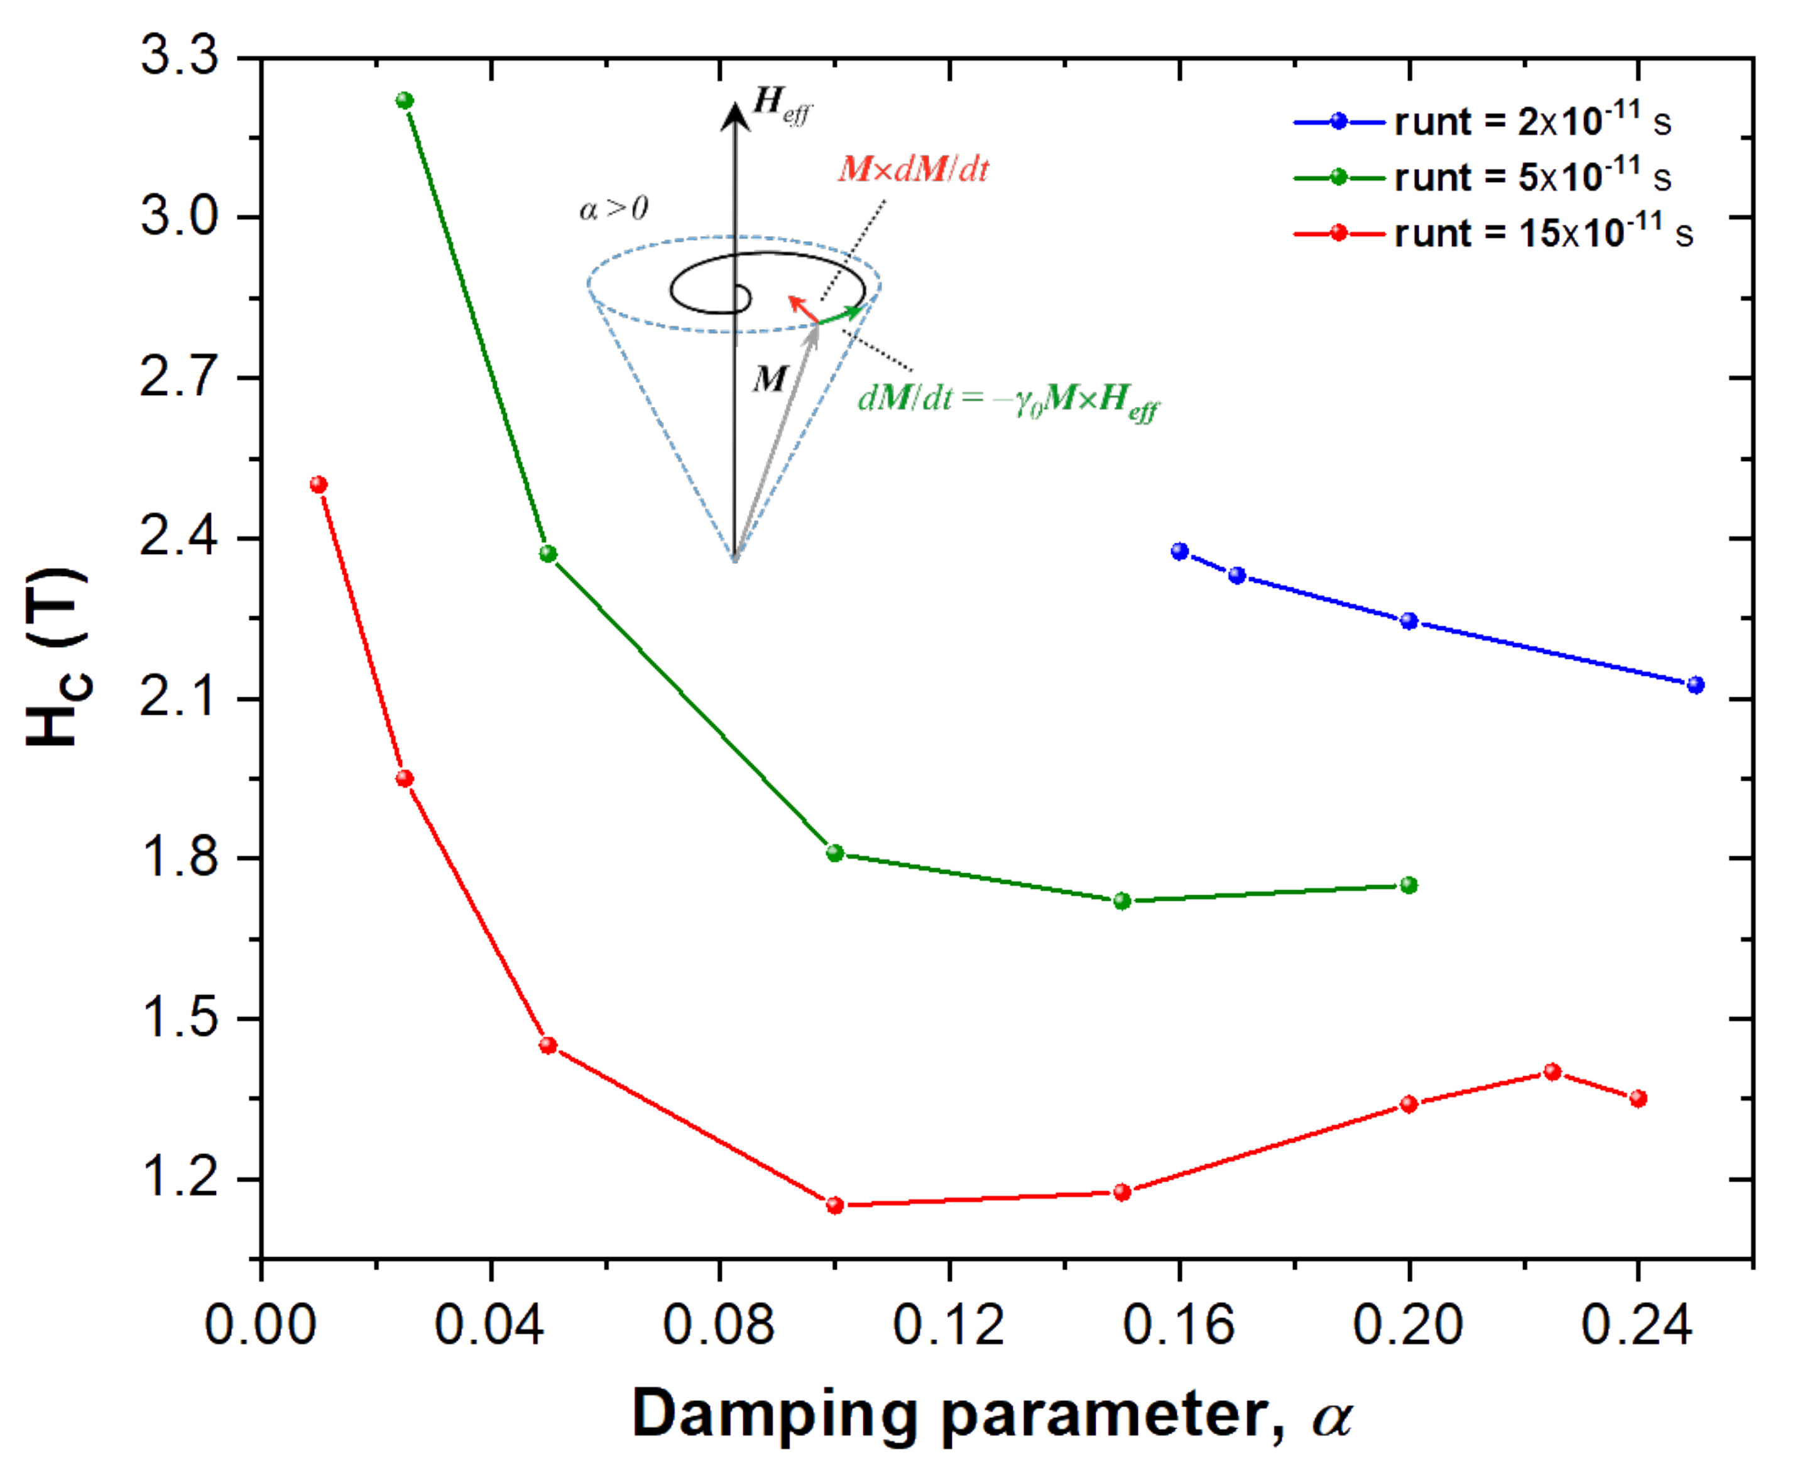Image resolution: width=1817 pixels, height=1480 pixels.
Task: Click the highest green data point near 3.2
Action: point(405,101)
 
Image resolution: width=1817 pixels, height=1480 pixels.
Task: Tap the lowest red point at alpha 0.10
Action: point(835,1205)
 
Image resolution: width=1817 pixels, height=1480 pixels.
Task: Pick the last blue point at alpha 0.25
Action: point(1696,685)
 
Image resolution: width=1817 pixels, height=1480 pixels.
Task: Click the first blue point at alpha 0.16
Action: point(1180,551)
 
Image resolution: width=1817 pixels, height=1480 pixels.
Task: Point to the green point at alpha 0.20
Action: point(1409,885)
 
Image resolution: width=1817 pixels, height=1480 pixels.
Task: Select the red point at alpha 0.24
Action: point(1638,1098)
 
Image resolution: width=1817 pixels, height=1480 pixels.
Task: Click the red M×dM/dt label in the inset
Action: point(913,170)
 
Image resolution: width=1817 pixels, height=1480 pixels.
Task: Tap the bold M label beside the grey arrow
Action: point(769,379)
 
